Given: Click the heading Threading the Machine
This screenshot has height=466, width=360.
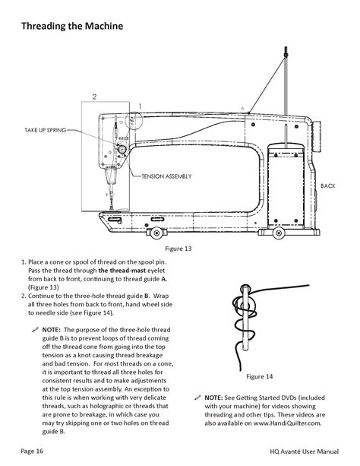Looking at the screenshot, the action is tap(72, 26).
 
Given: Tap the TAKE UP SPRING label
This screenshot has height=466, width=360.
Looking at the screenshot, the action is tap(45, 130).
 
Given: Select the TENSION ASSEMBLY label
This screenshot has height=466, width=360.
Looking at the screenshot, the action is tap(166, 176).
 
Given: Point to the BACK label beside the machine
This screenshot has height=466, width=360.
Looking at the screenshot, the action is tap(328, 185).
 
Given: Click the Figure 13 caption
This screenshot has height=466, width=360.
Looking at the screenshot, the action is tap(178, 249).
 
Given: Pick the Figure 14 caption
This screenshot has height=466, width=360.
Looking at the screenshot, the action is tap(259, 376).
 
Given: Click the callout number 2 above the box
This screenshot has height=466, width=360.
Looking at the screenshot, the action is tap(94, 97).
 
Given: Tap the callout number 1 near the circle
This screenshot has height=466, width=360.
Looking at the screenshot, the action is tap(140, 106).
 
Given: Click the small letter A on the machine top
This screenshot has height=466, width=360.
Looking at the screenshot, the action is tap(242, 109).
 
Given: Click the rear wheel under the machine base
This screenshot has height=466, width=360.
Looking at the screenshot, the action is tap(279, 233).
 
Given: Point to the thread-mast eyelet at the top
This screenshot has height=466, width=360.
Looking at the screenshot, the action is tap(286, 55).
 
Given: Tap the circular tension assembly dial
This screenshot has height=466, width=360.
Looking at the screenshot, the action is tap(122, 148).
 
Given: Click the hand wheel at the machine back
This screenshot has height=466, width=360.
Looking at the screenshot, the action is tap(317, 136).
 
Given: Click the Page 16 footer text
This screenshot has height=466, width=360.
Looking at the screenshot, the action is tap(32, 451).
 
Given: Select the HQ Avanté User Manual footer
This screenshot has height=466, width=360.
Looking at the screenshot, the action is tap(304, 452).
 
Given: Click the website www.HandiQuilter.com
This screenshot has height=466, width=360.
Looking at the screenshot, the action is tap(287, 423).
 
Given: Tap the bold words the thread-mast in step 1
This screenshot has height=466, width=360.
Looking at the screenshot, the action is tap(122, 271).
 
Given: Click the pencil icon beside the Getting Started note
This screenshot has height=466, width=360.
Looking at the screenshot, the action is tap(197, 398).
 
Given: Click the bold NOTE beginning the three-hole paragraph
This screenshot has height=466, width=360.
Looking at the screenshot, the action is tap(51, 330).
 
